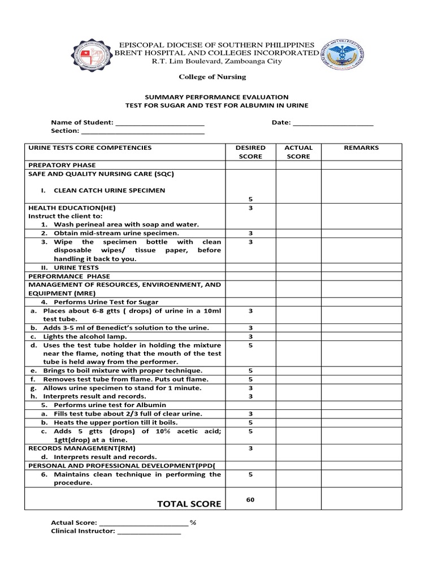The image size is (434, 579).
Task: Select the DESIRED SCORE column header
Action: [250, 152]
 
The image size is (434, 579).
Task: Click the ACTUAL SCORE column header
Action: [298, 152]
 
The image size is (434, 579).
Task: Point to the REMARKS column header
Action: [361, 148]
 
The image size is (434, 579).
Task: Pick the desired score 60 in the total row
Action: [250, 499]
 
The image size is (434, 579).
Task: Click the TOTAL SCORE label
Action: [189, 504]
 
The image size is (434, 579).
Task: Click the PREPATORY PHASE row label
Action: [62, 165]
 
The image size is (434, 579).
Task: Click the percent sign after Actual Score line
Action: [193, 523]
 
